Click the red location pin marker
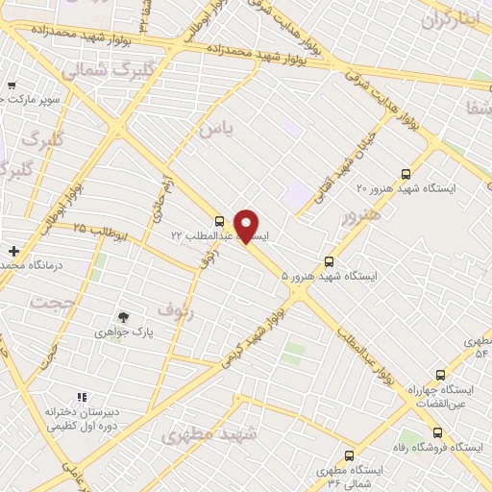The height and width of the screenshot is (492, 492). [x=247, y=226]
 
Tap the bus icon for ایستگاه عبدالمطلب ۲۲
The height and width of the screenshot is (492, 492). [x=220, y=220]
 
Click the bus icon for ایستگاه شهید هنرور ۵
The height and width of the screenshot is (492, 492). [x=330, y=260]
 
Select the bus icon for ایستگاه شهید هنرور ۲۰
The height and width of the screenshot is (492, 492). [x=406, y=174]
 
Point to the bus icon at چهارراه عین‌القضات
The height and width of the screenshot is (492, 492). [x=440, y=376]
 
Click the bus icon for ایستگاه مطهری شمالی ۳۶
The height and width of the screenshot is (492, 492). [x=348, y=455]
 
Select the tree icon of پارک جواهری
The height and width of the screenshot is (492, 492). [x=123, y=316]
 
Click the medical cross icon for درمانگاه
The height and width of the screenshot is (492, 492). [x=13, y=251]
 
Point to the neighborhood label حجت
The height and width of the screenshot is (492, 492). [x=51, y=304]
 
